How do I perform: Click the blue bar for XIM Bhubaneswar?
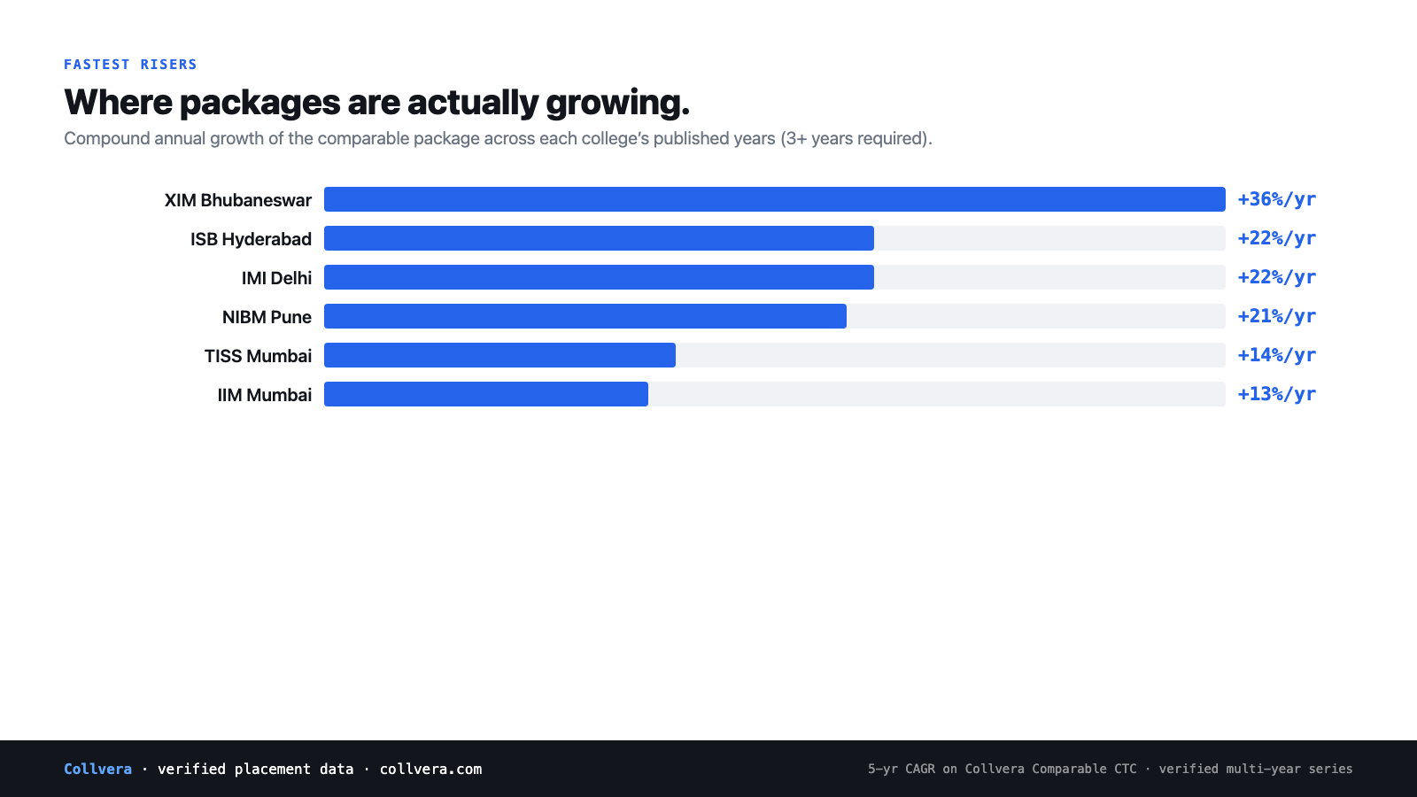(774, 199)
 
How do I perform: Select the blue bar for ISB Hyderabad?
(599, 238)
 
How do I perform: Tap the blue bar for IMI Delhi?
(599, 277)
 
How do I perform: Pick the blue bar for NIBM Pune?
(585, 316)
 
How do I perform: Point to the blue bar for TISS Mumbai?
(499, 355)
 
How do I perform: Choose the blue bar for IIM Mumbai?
(486, 394)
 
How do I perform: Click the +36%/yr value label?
(1276, 199)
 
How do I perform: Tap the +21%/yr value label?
(1276, 316)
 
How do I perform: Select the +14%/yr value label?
(1276, 355)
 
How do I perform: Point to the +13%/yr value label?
(1276, 394)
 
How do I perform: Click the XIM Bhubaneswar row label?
(238, 200)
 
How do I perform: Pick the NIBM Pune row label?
(267, 317)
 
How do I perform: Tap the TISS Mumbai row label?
(258, 356)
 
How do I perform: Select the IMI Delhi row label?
(276, 278)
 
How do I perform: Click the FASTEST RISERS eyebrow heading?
(130, 65)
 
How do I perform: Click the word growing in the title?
(617, 104)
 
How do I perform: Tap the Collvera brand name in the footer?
(98, 770)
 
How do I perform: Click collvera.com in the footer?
(430, 770)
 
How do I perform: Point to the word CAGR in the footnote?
(920, 770)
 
